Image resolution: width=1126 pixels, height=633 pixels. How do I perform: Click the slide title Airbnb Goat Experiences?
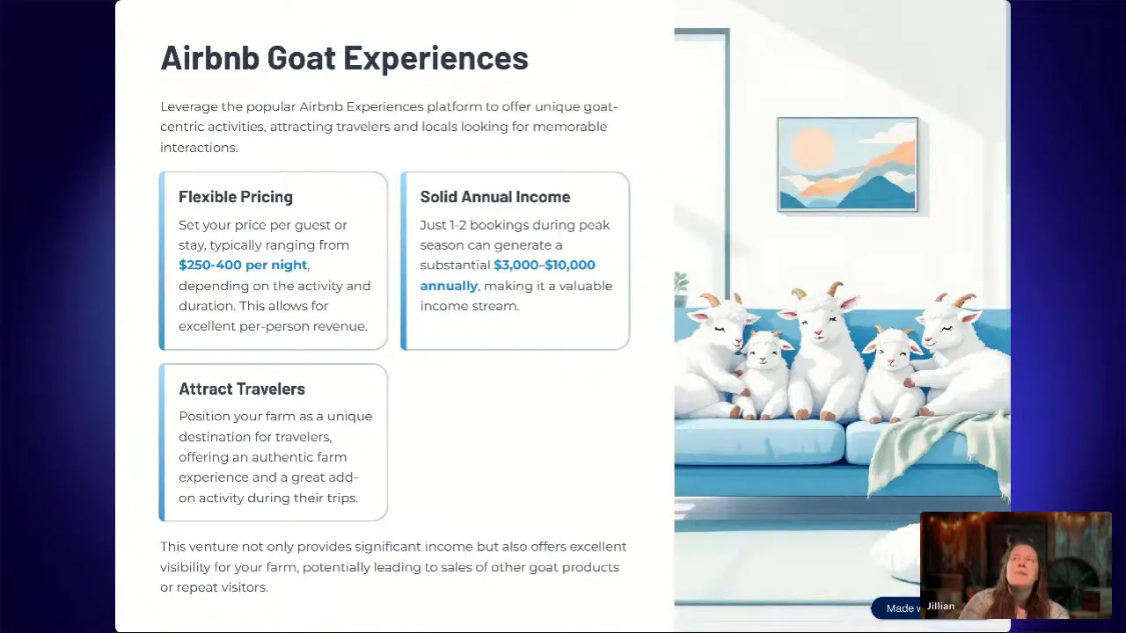click(x=344, y=58)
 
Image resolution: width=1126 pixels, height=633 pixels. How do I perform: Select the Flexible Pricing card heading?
click(x=236, y=197)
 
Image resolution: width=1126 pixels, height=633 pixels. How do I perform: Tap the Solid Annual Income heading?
click(x=494, y=197)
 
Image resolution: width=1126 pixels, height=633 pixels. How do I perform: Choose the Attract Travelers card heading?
click(x=242, y=389)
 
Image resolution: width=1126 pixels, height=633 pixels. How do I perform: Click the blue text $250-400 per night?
click(x=243, y=265)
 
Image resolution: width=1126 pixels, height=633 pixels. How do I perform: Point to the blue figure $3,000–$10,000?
click(x=545, y=265)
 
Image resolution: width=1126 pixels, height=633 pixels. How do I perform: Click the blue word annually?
click(x=449, y=286)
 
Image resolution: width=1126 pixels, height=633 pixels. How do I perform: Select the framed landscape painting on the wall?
click(x=847, y=164)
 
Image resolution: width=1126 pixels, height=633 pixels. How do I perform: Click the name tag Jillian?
click(x=940, y=606)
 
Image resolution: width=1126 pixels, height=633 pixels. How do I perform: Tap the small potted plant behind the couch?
click(x=681, y=284)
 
